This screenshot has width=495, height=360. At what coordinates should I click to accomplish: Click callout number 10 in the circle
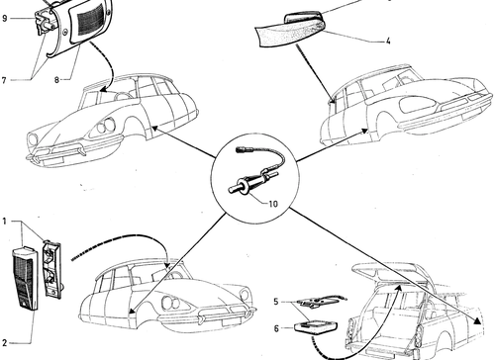273,204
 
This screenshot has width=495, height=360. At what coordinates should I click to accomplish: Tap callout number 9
4,18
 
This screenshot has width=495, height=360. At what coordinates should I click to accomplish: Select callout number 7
4,80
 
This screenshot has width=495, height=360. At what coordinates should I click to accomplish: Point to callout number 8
56,80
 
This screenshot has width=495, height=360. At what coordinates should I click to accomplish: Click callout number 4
388,42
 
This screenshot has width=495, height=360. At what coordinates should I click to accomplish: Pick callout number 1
4,221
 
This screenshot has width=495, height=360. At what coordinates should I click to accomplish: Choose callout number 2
4,343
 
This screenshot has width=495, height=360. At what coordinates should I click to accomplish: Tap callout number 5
276,302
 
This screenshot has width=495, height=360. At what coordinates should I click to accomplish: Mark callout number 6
276,328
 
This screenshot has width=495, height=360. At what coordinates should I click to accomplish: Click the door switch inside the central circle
254,176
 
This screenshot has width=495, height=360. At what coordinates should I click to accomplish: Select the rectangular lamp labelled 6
316,327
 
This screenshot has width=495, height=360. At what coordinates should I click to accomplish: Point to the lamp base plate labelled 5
321,301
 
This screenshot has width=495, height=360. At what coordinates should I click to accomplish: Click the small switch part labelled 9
43,22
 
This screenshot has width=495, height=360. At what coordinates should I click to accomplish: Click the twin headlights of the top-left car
106,126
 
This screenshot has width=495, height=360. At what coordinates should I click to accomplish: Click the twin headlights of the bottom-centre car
170,303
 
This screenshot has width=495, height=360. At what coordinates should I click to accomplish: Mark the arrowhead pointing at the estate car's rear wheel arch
477,320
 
